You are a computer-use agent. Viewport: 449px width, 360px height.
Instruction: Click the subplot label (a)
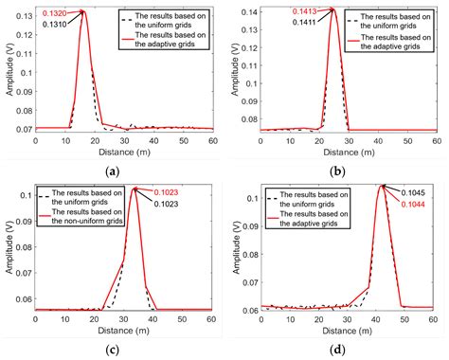coord(114,171)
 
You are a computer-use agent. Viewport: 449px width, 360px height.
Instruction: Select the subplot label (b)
coord(339,171)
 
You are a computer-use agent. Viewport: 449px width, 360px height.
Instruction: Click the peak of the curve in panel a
coord(83,10)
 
